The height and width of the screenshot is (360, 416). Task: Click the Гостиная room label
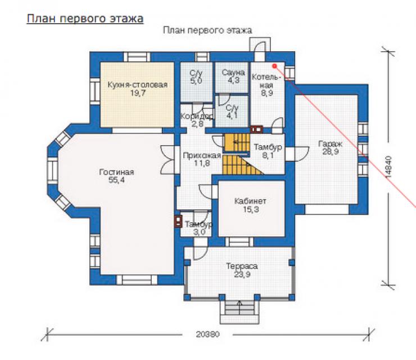[x=116, y=172]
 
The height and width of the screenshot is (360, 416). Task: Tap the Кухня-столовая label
[x=137, y=85]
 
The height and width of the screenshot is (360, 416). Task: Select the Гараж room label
[x=331, y=144]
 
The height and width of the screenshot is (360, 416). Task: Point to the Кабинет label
[x=250, y=201]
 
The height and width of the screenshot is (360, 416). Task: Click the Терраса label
[x=242, y=265]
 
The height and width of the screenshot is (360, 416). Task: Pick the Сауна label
[x=233, y=72]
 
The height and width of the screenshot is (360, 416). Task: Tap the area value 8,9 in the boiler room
[x=267, y=93]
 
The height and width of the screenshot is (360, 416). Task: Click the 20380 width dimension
[x=208, y=334]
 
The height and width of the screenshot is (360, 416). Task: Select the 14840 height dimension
[x=387, y=167]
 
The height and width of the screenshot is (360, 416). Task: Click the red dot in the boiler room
[x=274, y=66]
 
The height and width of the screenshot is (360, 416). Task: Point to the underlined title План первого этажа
[x=85, y=19]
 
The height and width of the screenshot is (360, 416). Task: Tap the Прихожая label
[x=202, y=155]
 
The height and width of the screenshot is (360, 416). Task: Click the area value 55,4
[x=116, y=180]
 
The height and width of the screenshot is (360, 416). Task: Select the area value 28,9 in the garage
[x=331, y=152]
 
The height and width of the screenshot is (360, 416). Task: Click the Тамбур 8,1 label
[x=268, y=151]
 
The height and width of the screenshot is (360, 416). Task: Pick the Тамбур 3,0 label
[x=198, y=228]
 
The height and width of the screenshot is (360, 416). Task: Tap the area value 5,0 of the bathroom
[x=196, y=80]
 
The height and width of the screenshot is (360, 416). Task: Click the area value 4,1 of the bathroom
[x=232, y=115]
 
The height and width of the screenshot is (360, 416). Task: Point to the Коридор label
[x=197, y=116]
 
